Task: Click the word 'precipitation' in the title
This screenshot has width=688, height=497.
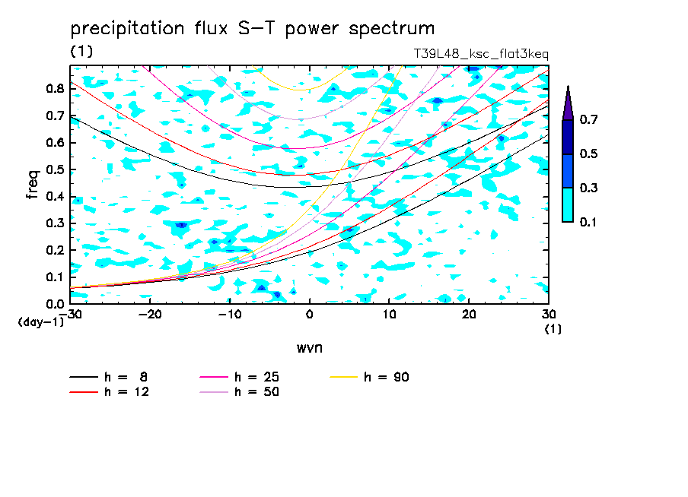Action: tap(127, 29)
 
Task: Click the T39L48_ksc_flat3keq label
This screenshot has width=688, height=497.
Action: tap(481, 54)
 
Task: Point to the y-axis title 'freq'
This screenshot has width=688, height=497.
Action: tap(33, 184)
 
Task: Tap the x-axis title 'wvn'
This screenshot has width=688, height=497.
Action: tap(310, 348)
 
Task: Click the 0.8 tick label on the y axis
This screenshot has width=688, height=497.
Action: tap(55, 88)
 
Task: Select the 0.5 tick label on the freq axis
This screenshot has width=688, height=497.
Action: tap(55, 169)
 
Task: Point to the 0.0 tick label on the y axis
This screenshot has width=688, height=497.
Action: tap(55, 304)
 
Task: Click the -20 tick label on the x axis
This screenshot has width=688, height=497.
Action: tap(150, 315)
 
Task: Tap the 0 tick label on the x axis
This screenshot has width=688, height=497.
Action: tap(309, 315)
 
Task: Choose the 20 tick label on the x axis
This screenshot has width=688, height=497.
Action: tap(469, 315)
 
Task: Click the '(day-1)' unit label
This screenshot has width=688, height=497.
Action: tap(41, 322)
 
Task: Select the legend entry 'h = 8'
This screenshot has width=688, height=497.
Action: tap(108, 377)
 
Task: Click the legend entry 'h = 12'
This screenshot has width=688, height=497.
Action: tap(110, 392)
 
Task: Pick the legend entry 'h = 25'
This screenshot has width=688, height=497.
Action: tap(239, 377)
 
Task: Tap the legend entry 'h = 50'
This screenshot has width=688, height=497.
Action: tap(239, 392)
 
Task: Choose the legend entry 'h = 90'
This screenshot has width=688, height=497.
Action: tap(369, 377)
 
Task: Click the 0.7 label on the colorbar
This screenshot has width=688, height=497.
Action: tap(588, 119)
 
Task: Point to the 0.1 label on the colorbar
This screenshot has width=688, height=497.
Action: tap(588, 222)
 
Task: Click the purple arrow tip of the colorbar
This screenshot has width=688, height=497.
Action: tap(569, 86)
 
